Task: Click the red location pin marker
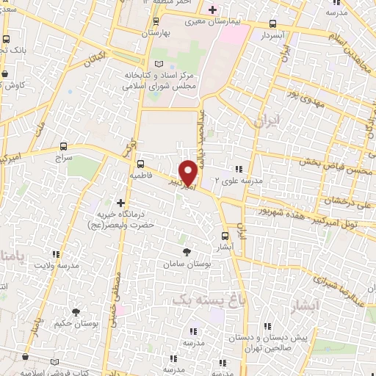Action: click(189, 172)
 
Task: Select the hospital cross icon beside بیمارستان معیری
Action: click(212, 10)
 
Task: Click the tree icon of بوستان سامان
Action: click(185, 250)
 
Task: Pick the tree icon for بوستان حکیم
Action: click(76, 313)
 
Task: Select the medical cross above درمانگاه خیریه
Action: click(120, 202)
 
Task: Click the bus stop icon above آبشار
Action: click(225, 236)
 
